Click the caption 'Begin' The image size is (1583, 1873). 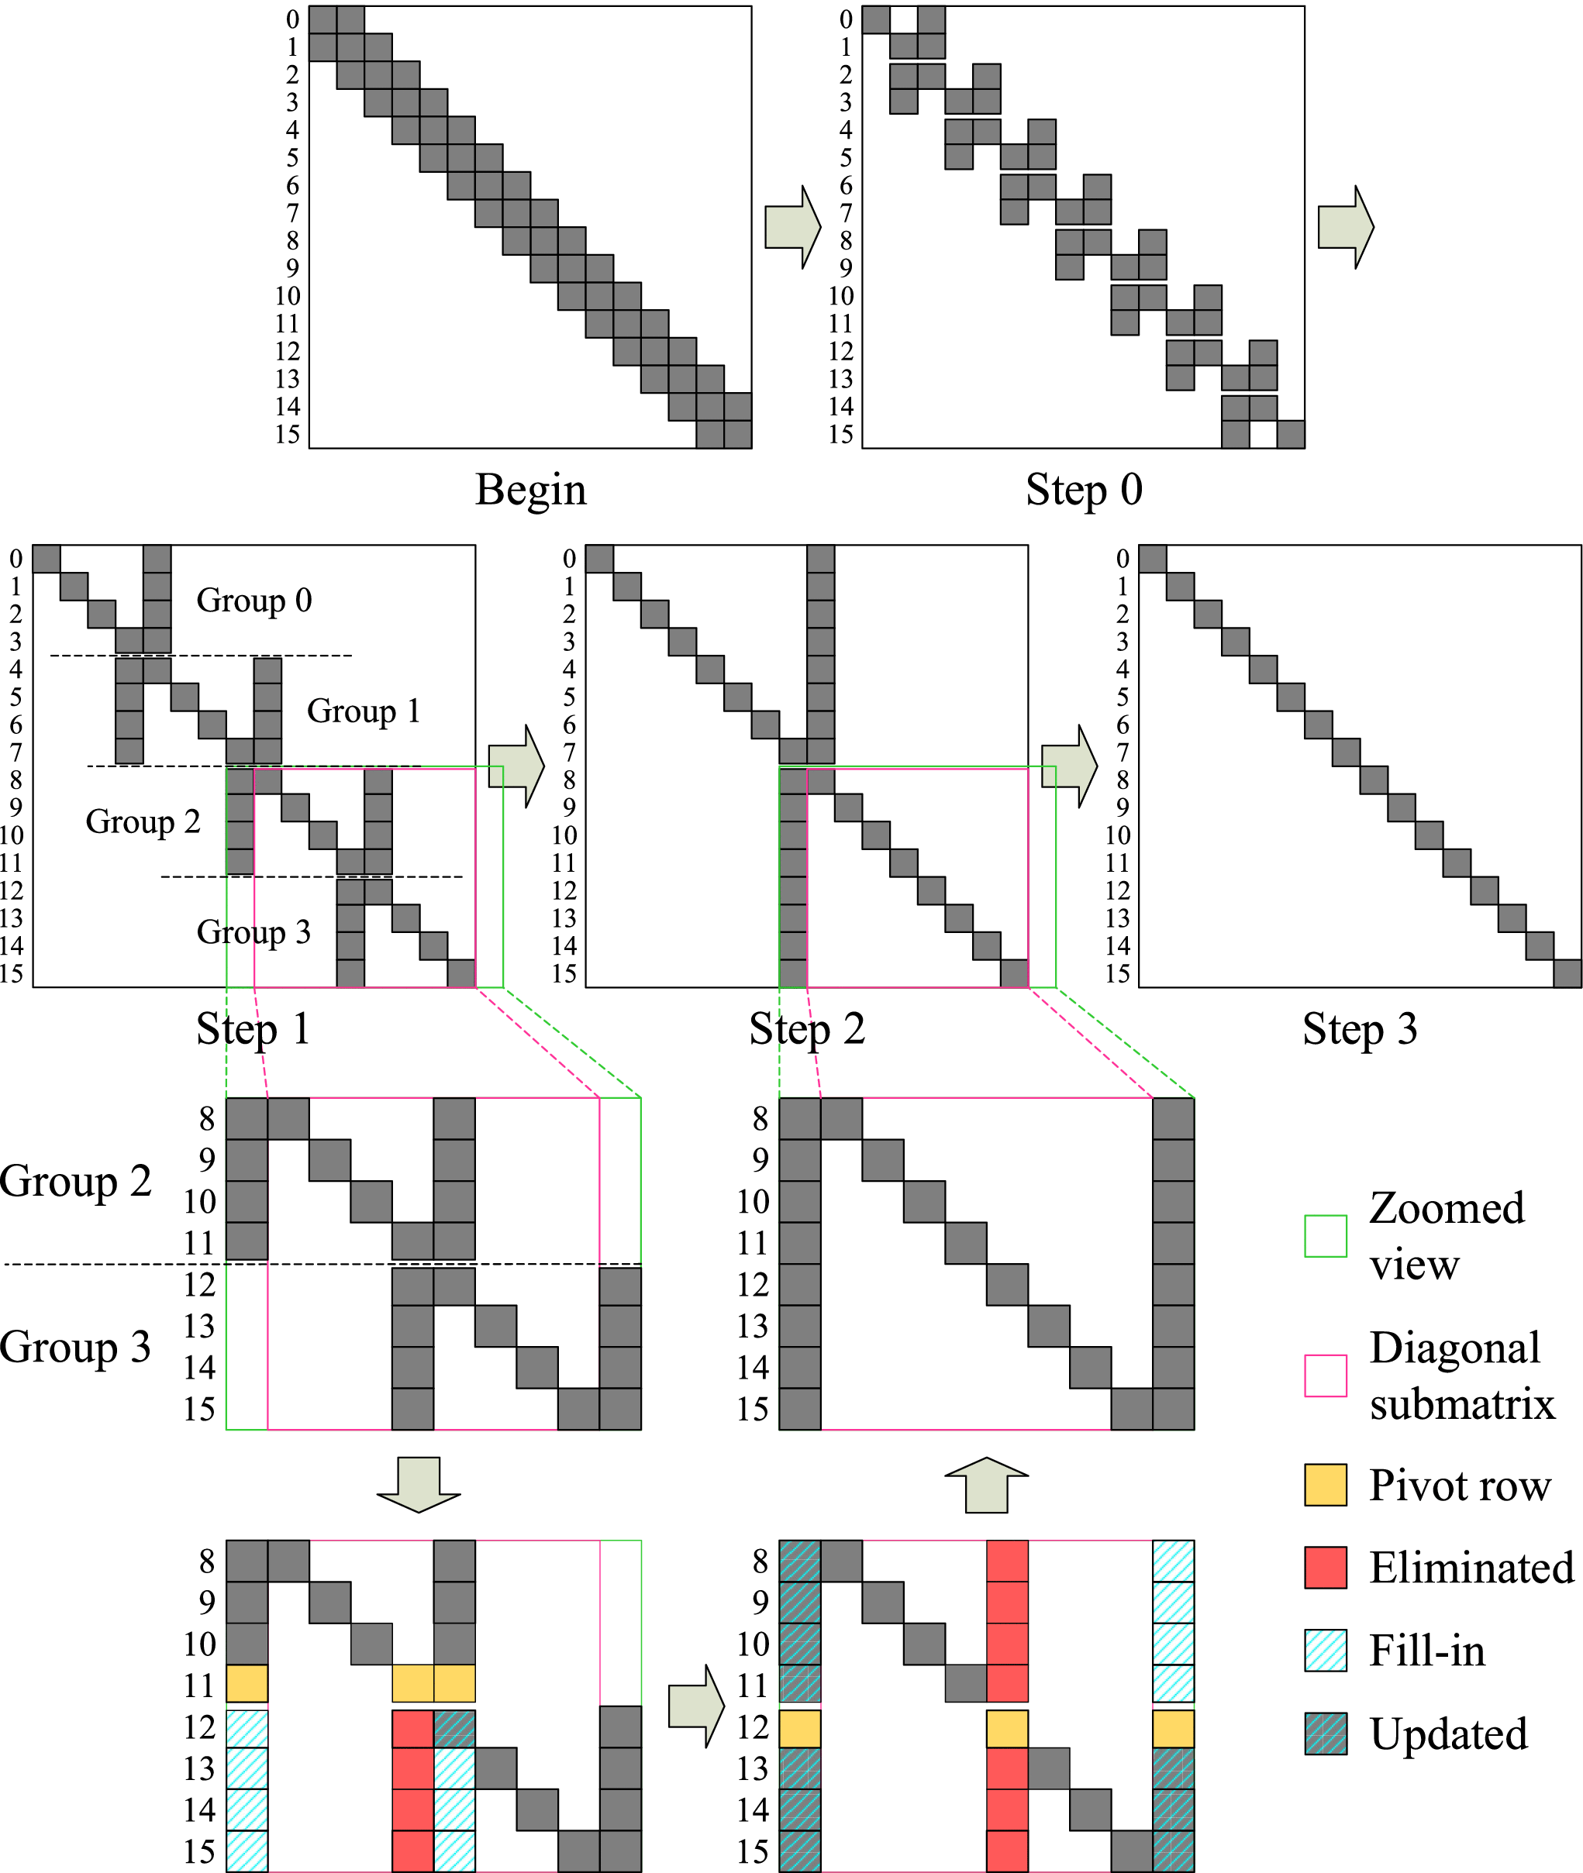point(530,490)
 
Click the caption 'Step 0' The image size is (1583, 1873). point(1083,490)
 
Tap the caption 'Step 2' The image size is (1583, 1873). point(807,1029)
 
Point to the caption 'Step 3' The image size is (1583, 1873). point(1360,1029)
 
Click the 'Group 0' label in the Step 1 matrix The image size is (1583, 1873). point(254,600)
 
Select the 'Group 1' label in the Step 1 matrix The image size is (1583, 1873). point(364,711)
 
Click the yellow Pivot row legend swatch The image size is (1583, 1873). point(1326,1485)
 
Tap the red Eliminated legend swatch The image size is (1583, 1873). point(1326,1567)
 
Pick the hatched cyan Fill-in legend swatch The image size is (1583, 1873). point(1326,1651)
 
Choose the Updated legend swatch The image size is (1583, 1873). point(1326,1733)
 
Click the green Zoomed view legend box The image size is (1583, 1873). point(1326,1236)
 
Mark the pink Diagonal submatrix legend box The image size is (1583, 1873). point(1326,1375)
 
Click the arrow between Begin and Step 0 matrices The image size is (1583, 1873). point(792,227)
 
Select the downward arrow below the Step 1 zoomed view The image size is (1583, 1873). point(419,1485)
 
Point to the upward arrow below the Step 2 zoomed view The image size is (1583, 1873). point(986,1485)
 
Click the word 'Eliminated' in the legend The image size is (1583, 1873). point(1471,1568)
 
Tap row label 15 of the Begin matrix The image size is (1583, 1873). point(287,434)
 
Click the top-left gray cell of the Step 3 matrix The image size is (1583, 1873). point(1152,558)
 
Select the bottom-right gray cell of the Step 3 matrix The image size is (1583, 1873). point(1567,973)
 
